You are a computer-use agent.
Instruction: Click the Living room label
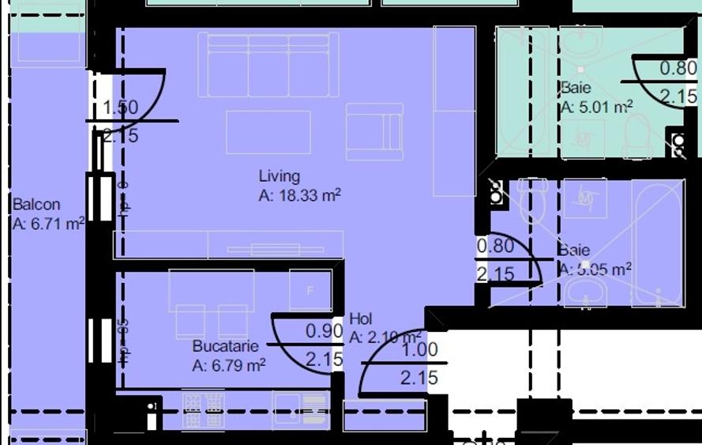point(279,176)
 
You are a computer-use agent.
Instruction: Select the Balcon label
point(36,205)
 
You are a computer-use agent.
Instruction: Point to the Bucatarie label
point(225,346)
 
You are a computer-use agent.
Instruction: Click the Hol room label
point(360,319)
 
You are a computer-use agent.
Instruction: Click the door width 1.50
point(120,107)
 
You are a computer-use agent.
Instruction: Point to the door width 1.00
point(419,349)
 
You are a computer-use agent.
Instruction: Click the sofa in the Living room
point(268,65)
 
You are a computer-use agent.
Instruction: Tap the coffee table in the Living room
point(268,132)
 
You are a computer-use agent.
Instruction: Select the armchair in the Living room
point(374,132)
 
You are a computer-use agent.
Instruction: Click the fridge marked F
point(310,290)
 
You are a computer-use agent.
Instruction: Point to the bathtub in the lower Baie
point(657,243)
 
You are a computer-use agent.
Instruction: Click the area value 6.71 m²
point(48,224)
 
